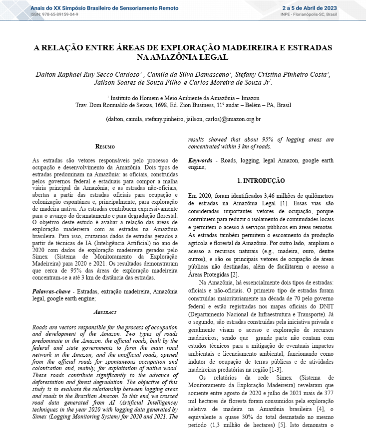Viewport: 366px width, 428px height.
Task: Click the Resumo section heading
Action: [105, 147]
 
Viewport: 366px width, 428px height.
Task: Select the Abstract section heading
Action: [105, 312]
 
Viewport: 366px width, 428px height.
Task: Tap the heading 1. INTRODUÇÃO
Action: [261, 180]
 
